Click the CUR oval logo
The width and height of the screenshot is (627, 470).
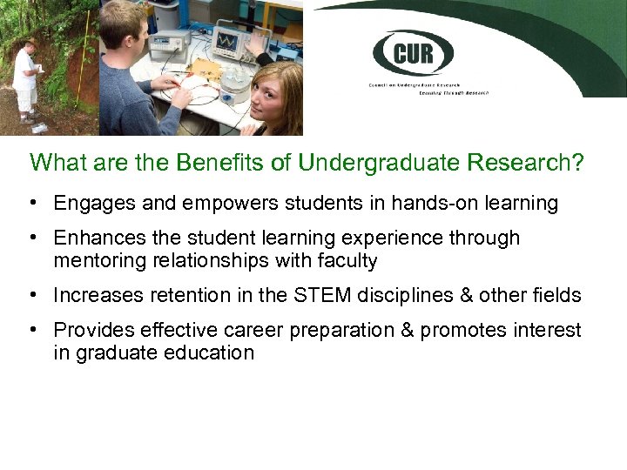[414, 54]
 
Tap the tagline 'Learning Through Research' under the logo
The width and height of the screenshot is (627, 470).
[453, 91]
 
